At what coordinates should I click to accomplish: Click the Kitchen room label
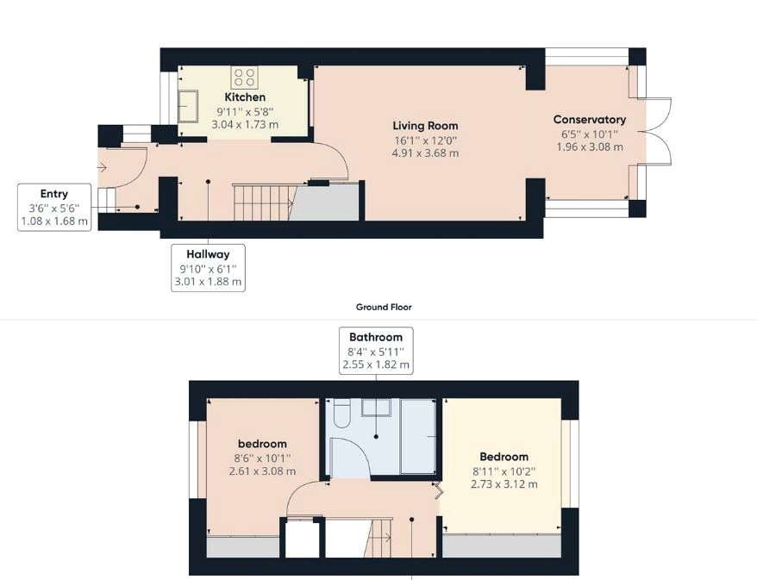click(x=245, y=97)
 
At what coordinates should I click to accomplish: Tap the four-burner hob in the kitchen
click(x=245, y=78)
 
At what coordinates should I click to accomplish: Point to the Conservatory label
click(x=589, y=120)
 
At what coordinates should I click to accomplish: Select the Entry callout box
click(x=53, y=207)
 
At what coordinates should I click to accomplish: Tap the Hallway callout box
click(x=207, y=267)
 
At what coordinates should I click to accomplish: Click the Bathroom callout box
click(x=376, y=350)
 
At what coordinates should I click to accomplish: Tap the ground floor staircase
click(x=264, y=200)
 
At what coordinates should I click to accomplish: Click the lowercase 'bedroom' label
click(x=262, y=444)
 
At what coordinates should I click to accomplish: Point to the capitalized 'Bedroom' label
click(x=504, y=457)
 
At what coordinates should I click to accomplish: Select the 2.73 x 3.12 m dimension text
click(x=504, y=484)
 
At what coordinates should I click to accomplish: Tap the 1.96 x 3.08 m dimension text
click(x=589, y=147)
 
